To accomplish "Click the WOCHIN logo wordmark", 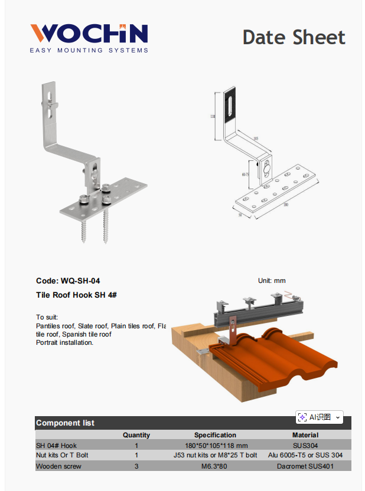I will coord(89,34).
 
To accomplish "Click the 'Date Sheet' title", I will coord(294,37).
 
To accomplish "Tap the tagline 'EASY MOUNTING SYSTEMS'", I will coord(89,51).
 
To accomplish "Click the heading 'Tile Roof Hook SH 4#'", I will coord(76,295).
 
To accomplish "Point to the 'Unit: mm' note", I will coord(272,281).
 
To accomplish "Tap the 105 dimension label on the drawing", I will coord(255,139).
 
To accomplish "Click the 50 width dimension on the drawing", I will coord(240,215).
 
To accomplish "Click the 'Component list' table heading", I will coord(65,423).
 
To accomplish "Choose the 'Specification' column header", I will coord(215,435).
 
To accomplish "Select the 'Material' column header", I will coord(305,435).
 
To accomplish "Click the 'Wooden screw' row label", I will coord(58,466).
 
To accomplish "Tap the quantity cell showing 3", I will coord(136,466).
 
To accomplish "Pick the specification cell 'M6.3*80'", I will coord(215,466).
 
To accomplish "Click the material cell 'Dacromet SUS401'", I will coord(305,466).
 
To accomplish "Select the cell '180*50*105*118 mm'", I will coord(215,446).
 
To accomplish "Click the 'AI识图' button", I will coord(319,417).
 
